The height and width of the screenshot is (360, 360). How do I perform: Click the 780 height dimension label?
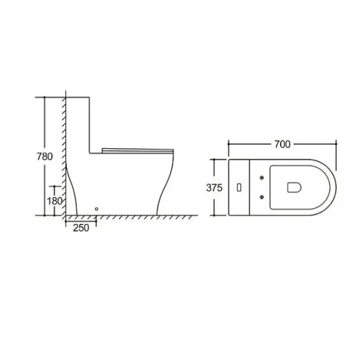(x=45, y=156)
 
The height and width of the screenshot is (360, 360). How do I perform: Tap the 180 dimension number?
(x=55, y=201)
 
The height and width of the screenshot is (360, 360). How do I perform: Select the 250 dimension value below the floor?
(x=81, y=228)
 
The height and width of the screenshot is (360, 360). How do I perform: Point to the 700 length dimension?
(x=282, y=144)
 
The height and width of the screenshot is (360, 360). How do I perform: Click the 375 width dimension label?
(x=215, y=188)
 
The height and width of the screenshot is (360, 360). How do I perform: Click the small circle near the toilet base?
(x=96, y=209)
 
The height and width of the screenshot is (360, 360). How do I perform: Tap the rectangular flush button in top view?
(x=239, y=187)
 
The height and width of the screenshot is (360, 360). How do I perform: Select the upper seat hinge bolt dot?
(x=261, y=178)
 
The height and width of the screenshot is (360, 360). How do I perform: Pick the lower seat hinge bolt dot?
(x=261, y=197)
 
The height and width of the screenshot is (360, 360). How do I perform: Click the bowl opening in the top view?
(x=294, y=187)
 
